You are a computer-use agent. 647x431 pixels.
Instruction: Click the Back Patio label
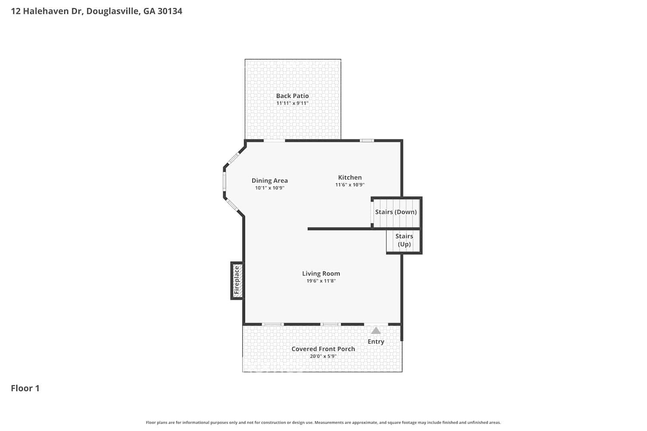click(292, 96)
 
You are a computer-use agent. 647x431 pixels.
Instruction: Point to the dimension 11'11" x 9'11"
click(292, 103)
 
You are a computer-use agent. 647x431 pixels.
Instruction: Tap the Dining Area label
click(270, 181)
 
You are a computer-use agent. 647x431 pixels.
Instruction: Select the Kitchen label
click(350, 177)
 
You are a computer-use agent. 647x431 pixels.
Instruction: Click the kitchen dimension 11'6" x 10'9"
click(350, 185)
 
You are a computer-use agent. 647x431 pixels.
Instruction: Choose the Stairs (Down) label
click(396, 212)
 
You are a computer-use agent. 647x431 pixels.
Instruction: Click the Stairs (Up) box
click(404, 240)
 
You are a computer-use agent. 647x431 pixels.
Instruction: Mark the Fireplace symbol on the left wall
click(237, 280)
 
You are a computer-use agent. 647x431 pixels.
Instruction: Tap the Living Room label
click(321, 273)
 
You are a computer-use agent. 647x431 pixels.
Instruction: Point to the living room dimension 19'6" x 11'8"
click(321, 281)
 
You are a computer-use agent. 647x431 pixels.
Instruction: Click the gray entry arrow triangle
click(376, 331)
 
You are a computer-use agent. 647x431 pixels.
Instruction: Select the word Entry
click(376, 341)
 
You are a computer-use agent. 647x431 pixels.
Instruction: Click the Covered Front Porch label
click(323, 349)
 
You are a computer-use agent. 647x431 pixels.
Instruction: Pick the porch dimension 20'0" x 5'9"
click(323, 356)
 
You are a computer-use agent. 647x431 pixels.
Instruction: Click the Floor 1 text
click(25, 388)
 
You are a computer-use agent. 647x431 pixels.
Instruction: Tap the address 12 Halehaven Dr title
click(97, 11)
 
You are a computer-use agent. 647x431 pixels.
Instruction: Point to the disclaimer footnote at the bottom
click(323, 422)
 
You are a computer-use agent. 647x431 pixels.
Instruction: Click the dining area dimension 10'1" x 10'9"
click(270, 188)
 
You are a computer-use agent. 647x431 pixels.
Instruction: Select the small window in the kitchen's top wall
click(367, 141)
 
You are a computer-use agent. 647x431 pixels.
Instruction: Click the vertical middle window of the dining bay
click(224, 181)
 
